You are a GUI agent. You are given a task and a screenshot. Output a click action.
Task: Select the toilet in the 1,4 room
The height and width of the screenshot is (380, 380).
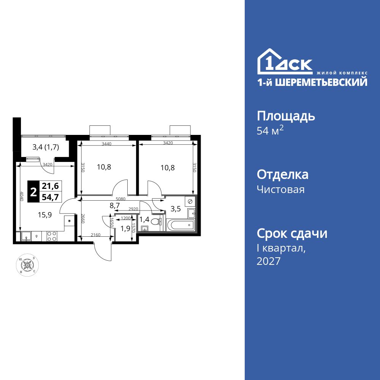point(155,222)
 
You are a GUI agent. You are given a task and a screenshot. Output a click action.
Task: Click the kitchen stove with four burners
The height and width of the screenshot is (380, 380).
point(52,236)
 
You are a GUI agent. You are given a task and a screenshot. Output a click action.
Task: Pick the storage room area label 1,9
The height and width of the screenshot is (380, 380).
point(125,228)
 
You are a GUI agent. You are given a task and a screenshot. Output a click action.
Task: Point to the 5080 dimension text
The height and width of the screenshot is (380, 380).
point(120,199)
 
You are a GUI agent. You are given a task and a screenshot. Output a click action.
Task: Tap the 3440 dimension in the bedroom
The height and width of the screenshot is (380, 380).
point(107,144)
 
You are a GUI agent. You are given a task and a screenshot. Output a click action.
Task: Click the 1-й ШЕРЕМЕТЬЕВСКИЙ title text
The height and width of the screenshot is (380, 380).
point(312,82)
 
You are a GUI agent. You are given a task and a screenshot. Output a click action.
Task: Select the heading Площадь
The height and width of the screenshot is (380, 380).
point(286,116)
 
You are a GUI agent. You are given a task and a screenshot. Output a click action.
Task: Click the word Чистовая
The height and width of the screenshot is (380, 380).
point(280,189)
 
